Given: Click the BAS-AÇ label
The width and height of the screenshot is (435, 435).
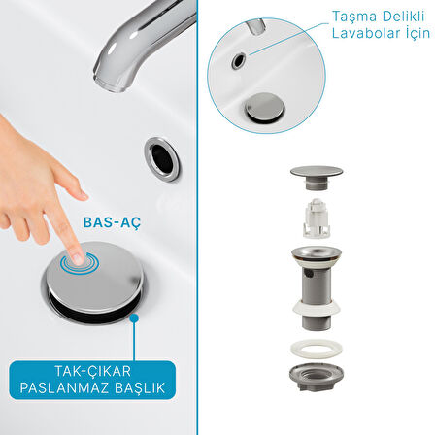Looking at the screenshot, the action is tap(112, 222).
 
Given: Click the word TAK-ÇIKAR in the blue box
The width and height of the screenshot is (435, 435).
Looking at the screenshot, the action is tap(92, 371).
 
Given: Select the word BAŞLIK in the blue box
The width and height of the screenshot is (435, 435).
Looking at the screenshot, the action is tap(140, 387).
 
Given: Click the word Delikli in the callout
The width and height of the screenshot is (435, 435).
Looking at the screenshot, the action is tap(404, 17).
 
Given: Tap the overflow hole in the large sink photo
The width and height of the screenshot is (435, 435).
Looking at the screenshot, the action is tap(162, 158).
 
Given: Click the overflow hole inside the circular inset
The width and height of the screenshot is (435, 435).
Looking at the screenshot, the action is tap(239, 60).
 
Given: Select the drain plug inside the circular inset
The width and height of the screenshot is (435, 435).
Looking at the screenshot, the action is tap(265, 107).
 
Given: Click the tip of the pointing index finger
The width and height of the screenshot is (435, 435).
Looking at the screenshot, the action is tap(78, 260).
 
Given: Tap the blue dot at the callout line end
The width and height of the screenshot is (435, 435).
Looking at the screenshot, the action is tap(134, 318).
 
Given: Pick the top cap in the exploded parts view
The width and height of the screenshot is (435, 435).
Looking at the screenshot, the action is tap(317, 178).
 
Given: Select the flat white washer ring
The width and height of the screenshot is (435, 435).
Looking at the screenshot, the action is tap(317, 350).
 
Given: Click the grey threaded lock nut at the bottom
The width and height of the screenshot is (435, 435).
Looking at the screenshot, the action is tap(317, 378).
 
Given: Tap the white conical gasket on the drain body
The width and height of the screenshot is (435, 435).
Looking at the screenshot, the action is tap(317, 308).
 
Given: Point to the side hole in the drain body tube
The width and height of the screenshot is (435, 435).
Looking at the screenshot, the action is tap(309, 274).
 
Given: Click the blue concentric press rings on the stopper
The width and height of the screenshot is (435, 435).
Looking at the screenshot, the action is tap(80, 261).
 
